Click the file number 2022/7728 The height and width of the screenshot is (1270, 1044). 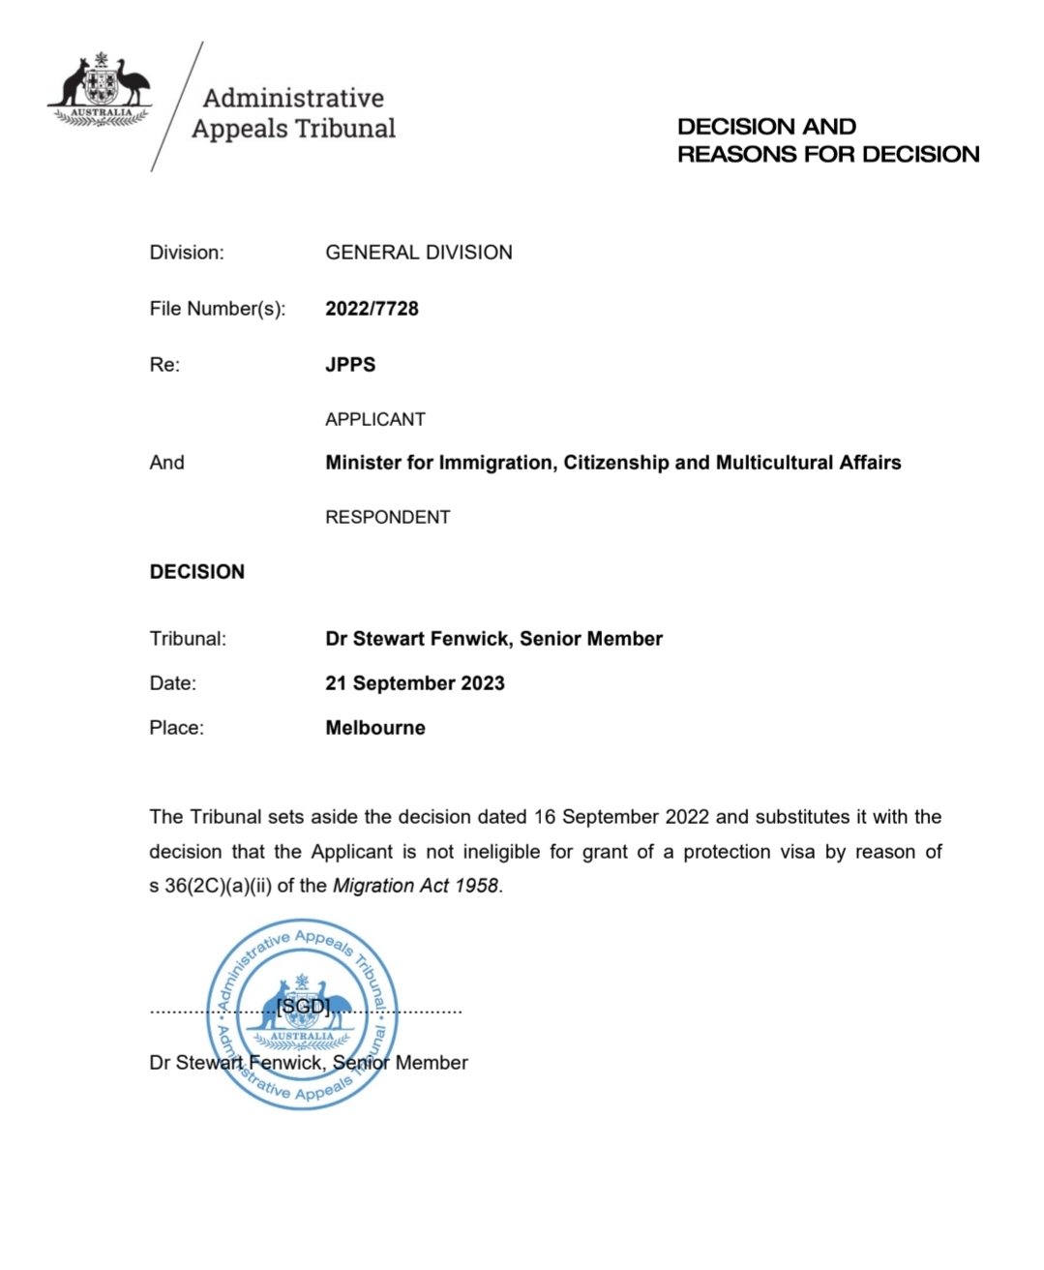coord(372,309)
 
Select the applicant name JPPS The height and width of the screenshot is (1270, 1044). coord(350,365)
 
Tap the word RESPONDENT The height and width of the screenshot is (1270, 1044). coord(387,517)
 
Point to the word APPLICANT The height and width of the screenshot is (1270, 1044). coord(375,419)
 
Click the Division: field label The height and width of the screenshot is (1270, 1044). coord(187,253)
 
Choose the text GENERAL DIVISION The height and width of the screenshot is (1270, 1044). coord(419,253)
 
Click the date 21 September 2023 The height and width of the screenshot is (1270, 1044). coord(415,683)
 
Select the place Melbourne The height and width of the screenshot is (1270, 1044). coord(375,728)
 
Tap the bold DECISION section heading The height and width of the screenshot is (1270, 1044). coord(197,572)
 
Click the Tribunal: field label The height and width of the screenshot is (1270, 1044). coord(188,639)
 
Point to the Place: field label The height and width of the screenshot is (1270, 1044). coord(177,728)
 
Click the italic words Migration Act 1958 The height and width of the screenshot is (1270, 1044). coord(416,886)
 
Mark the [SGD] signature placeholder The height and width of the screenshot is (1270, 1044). coord(303,1007)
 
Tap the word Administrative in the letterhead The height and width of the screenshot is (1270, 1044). coord(293,98)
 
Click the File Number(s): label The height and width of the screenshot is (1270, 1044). coord(218,309)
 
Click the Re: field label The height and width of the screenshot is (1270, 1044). coord(164,365)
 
